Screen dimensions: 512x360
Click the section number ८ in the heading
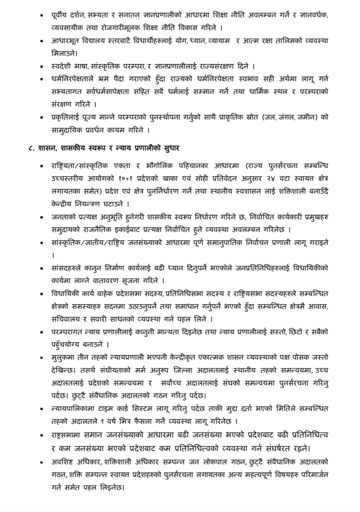click(30, 148)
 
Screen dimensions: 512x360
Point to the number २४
click(262, 178)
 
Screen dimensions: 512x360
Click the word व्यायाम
click(219, 41)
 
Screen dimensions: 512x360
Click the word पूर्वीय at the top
click(60, 15)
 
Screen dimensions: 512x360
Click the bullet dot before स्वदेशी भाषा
click(42, 67)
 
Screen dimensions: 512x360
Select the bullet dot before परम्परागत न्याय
click(42, 332)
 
